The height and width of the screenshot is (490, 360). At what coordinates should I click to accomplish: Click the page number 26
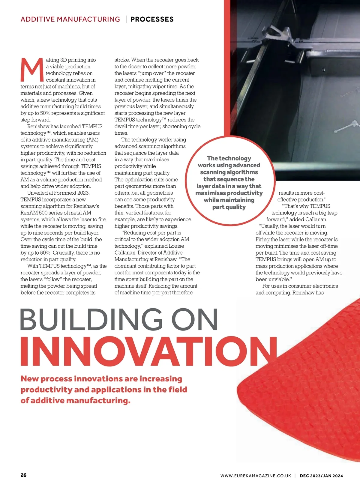(x=23, y=475)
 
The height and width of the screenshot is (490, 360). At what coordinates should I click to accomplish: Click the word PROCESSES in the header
(x=152, y=19)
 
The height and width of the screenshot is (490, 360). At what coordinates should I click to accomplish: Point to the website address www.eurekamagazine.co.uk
(x=256, y=476)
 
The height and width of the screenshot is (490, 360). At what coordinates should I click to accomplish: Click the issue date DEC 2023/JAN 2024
(x=321, y=476)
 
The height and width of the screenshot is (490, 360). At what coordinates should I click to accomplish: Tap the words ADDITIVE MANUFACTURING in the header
(x=70, y=19)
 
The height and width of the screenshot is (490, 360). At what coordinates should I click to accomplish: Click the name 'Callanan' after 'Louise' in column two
(x=125, y=253)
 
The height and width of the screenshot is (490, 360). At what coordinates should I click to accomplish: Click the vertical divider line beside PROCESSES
(x=126, y=19)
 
